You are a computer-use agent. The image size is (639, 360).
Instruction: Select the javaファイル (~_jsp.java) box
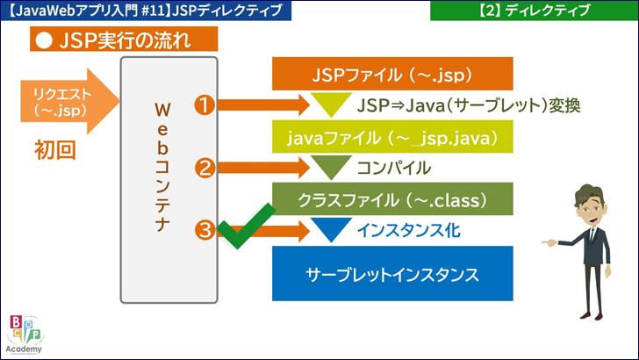391,138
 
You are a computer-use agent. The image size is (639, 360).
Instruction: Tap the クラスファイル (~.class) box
391,199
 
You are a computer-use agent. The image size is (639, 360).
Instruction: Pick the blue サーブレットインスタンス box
391,273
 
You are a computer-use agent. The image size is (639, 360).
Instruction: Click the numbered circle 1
205,105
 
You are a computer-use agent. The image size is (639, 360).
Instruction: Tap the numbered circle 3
205,230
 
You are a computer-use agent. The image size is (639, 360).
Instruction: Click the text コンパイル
394,168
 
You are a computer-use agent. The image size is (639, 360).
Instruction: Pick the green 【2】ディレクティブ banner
535,11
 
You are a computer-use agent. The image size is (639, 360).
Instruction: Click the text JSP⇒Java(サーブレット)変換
470,106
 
